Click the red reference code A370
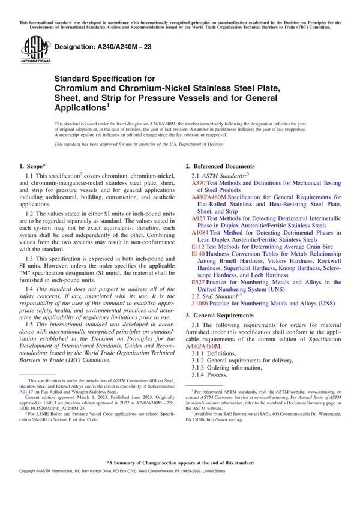pos(199,183)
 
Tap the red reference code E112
pos(198,246)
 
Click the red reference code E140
pos(198,254)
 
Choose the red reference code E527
pos(198,282)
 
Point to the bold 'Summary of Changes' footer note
pos(180,480)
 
